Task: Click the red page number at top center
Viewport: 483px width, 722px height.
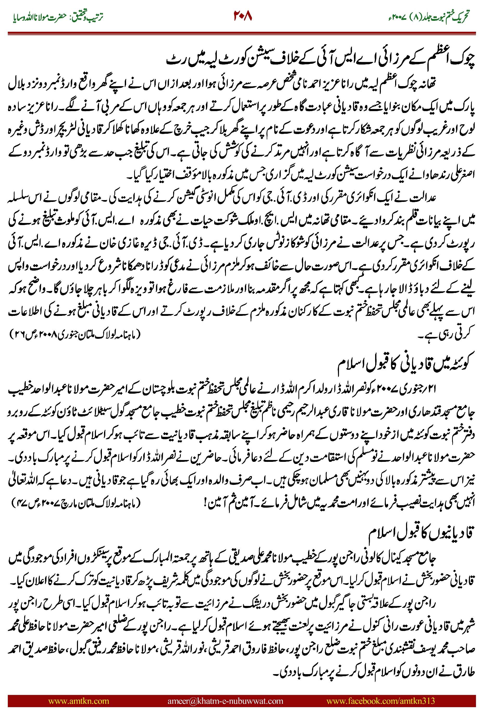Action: point(243,16)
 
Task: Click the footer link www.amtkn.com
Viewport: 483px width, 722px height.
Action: point(79,701)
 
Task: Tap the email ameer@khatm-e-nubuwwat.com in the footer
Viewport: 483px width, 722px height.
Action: point(225,701)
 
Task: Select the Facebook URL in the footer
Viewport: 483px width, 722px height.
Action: point(380,701)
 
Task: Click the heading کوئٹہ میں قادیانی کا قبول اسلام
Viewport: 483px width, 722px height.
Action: point(403,364)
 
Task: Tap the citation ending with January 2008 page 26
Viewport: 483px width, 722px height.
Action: point(75,334)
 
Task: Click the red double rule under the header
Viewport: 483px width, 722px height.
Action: point(241,33)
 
